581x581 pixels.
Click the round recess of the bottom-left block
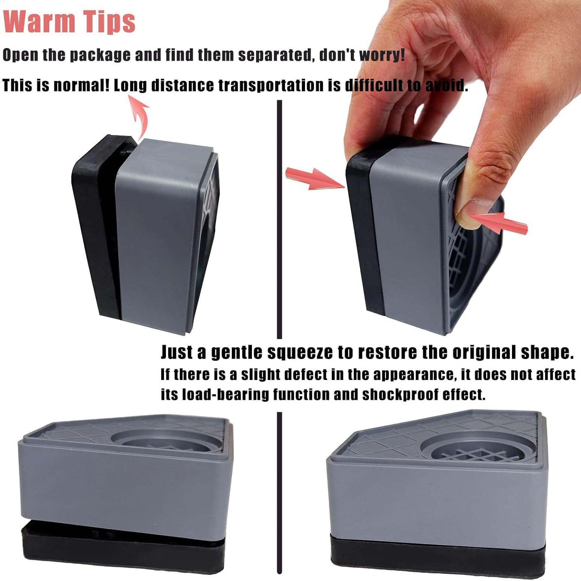(x=163, y=442)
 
